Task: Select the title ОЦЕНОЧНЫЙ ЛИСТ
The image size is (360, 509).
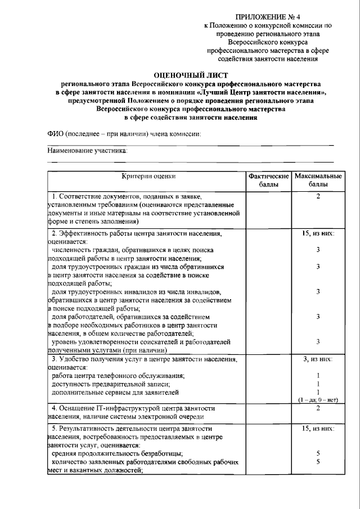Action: pos(191,74)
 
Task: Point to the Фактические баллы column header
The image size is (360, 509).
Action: pos(268,180)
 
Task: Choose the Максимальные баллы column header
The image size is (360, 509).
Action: pos(318,180)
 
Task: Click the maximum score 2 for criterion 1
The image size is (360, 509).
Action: pos(318,196)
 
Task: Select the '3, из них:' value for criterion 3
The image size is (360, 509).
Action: pos(318,358)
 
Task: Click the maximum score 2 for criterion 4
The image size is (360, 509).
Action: pos(318,408)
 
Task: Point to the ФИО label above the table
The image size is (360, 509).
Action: pos(124,133)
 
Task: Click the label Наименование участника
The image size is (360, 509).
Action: pos(87,151)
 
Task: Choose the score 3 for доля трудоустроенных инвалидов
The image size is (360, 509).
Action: pos(318,291)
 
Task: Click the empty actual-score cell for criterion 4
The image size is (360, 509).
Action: pos(268,412)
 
